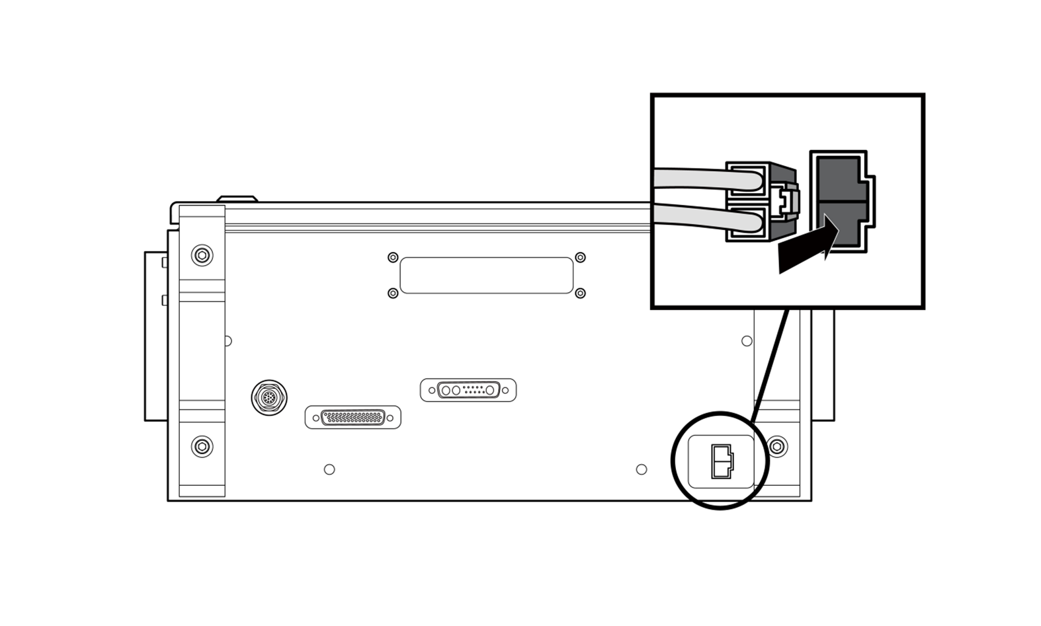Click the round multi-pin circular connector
[x=269, y=397]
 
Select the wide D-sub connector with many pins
[x=353, y=417]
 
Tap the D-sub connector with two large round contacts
[x=468, y=390]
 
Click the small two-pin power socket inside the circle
[x=722, y=461]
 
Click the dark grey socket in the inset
[x=841, y=202]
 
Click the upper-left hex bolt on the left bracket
[x=202, y=254]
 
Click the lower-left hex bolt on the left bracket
[x=202, y=447]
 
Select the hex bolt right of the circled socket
[x=778, y=447]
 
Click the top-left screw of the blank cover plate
[x=393, y=257]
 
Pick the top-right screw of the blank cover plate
[x=580, y=257]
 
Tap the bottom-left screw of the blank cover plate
[x=393, y=293]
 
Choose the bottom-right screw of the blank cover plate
[x=580, y=293]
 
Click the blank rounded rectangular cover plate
[x=486, y=275]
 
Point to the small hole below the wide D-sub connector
[x=329, y=469]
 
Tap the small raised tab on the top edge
[x=237, y=198]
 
